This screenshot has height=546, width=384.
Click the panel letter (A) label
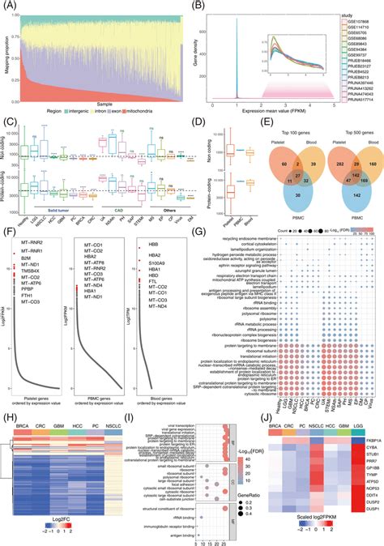pyautogui.click(x=7, y=6)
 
